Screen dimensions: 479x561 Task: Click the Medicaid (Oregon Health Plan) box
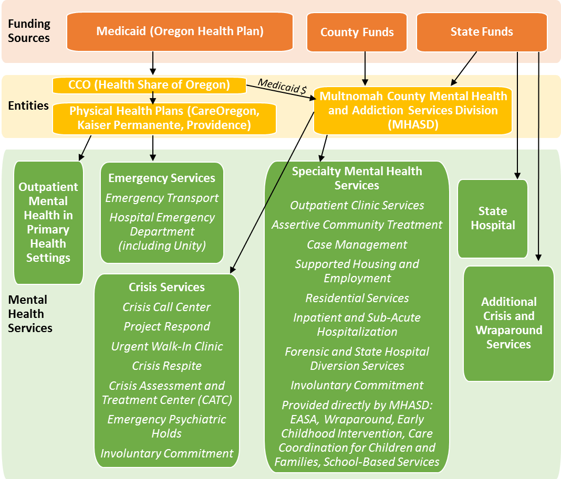pos(180,31)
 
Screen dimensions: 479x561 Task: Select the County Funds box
pos(357,32)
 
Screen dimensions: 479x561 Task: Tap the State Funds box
pos(482,32)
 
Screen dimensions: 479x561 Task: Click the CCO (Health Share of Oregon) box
pos(149,84)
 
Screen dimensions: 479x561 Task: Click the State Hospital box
pos(492,218)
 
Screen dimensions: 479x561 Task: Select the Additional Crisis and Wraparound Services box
pos(508,323)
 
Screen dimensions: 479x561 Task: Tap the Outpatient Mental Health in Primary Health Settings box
pos(48,222)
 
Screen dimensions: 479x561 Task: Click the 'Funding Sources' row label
pos(29,31)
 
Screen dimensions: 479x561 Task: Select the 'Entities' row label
pos(28,106)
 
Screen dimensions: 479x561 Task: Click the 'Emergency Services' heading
pos(162,178)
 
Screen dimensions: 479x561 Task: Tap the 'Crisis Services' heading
pos(167,288)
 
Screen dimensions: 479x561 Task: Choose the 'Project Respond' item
pos(167,327)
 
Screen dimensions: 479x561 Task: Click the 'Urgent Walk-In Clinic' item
pos(167,346)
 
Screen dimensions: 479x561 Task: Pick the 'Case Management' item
pos(357,244)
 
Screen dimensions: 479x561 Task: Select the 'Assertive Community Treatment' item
pos(357,225)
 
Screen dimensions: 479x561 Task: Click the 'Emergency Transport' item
pos(162,198)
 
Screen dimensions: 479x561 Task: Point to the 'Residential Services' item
pos(357,298)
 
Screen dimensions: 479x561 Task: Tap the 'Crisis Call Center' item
pos(167,307)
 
